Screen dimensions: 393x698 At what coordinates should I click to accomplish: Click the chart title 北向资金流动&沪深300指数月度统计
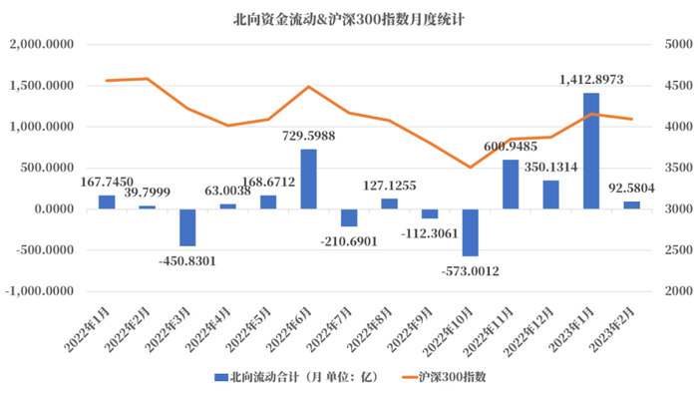[349, 18]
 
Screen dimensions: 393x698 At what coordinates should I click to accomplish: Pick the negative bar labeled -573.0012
[470, 232]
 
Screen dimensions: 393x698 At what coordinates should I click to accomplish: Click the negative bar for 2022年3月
[187, 227]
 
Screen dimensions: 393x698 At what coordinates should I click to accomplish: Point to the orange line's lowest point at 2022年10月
[470, 167]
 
